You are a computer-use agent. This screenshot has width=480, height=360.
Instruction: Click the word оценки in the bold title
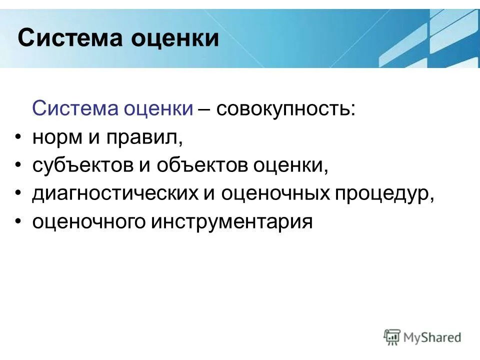coord(175,38)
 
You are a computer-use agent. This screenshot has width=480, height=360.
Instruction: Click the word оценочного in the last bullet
coord(88,221)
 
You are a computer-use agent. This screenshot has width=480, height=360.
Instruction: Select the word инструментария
coord(229,221)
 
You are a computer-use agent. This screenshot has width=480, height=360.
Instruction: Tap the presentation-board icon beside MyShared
coord(392,337)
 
